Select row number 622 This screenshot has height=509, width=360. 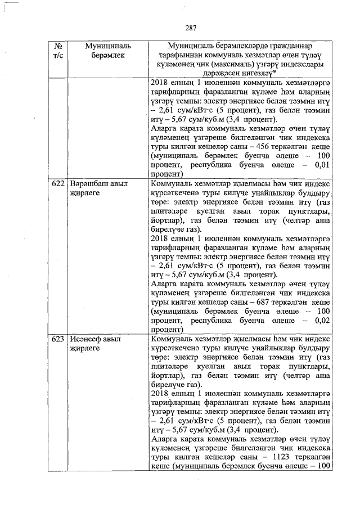[57, 184]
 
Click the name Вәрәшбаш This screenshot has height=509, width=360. [90, 184]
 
